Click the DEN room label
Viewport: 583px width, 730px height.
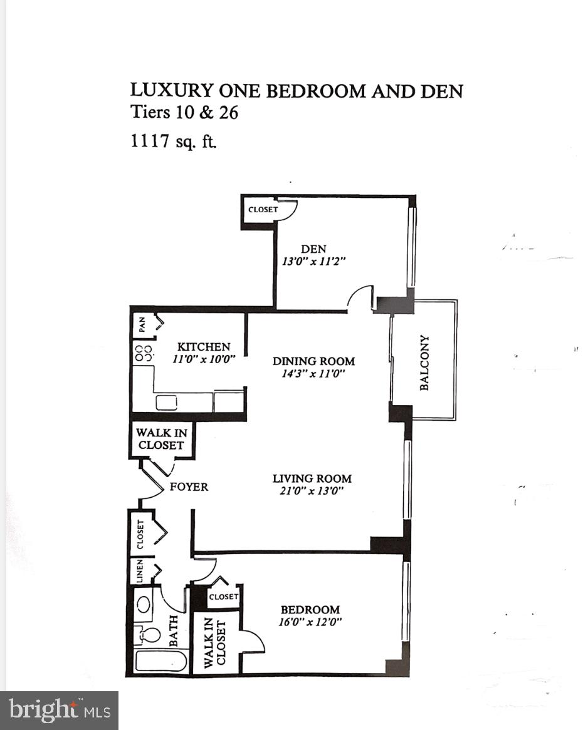[x=313, y=249]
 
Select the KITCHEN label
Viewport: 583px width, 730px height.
[x=203, y=347]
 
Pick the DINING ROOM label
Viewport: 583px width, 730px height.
[x=313, y=361]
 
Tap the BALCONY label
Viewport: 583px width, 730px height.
[x=424, y=363]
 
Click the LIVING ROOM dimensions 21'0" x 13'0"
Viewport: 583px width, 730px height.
[x=312, y=491]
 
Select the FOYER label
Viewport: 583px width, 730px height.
[x=189, y=486]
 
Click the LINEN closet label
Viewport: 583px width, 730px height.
[x=140, y=572]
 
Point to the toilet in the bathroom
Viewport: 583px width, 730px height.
[x=145, y=634]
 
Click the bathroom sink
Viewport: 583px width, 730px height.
[x=144, y=605]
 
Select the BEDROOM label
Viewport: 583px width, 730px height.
[x=310, y=610]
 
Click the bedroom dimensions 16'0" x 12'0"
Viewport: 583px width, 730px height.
[x=310, y=622]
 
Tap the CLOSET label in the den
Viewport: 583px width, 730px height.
[x=263, y=210]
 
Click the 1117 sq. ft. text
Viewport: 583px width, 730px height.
[x=173, y=140]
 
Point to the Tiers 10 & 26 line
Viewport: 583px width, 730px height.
[x=184, y=113]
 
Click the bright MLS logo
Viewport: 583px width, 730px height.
[x=59, y=711]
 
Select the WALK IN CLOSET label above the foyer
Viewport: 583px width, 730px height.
[x=160, y=439]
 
